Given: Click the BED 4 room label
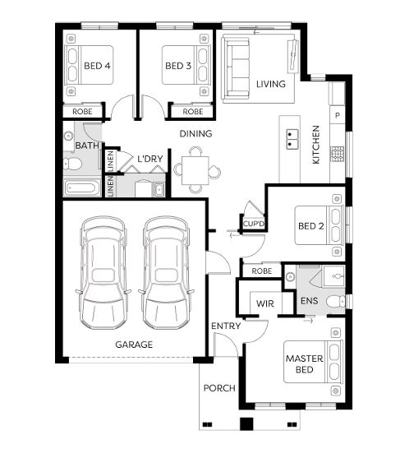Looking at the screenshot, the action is coord(97,66).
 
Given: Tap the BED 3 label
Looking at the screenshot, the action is coord(178,66).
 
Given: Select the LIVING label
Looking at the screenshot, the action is coord(271,84).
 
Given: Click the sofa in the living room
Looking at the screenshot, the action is coord(237,67).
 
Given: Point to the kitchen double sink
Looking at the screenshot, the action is coord(292,139).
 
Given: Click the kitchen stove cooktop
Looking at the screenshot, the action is coord(337,155).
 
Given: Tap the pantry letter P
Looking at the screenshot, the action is coord(338,115).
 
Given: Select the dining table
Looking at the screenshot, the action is coord(195,170).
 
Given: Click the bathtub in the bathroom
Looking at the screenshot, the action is coord(82,187).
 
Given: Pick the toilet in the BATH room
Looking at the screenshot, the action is coord(72,164).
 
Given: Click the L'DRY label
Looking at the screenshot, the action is coord(150,159).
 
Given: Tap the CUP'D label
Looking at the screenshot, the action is coord(253,224).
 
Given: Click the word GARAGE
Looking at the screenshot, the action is coord(134,345).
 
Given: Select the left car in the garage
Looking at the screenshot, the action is coord(103,272).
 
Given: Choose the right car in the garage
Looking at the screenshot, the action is coord(166,272).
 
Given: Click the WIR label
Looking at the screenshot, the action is coord(265,303).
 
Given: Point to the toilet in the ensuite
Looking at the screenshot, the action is coord(335,302).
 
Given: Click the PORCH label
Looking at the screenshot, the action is coord(219,388).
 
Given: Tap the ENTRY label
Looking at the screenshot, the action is coord(226,326).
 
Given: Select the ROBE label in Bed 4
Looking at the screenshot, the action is coord(82,112).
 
